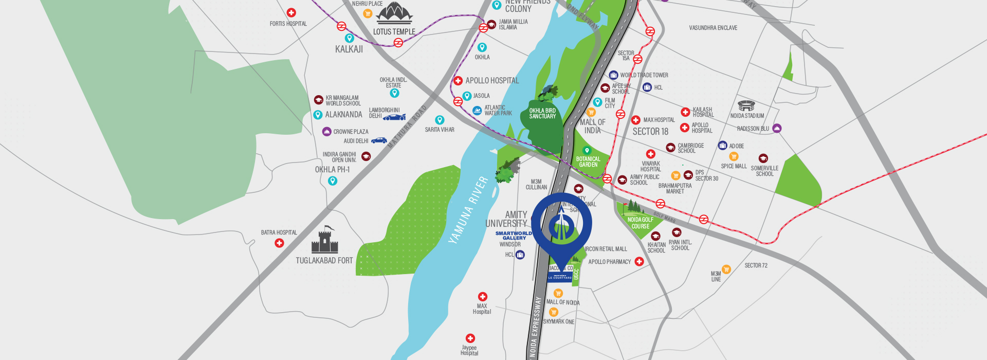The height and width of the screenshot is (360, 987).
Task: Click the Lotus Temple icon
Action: (394, 13)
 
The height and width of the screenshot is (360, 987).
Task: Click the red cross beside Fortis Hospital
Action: (291, 13)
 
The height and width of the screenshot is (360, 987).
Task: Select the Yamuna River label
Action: (468, 209)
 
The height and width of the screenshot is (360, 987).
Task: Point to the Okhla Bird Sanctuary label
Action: (542, 114)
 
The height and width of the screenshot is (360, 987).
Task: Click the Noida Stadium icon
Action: (746, 106)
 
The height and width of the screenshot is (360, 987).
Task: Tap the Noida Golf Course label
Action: (640, 223)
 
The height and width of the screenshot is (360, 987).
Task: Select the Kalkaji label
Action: (349, 49)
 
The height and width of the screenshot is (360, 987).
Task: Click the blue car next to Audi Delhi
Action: (379, 140)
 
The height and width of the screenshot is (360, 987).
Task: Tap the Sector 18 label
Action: (650, 132)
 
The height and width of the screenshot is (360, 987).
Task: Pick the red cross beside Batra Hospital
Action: (279, 243)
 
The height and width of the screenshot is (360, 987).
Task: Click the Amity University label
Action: (507, 219)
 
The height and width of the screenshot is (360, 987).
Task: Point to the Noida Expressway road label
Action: (536, 327)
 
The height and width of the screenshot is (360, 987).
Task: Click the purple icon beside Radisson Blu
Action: (777, 128)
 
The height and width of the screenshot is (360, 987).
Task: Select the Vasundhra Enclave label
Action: (713, 28)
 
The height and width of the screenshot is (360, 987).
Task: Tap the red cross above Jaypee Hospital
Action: (470, 338)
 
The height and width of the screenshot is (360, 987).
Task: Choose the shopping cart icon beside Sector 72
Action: (726, 269)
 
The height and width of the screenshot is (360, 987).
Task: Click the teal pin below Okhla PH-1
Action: (333, 181)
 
